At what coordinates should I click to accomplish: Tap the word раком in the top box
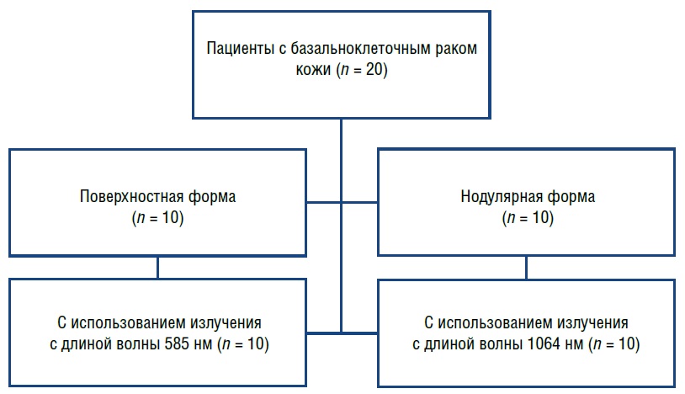456,47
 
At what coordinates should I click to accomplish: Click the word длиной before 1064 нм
461,345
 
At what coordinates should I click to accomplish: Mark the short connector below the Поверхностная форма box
157,267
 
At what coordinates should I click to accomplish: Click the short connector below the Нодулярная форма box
527,267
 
